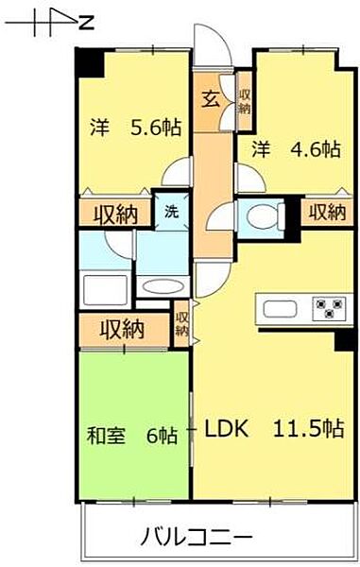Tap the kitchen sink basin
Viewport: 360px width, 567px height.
click(x=280, y=308)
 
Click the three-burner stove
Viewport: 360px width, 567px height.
click(x=329, y=308)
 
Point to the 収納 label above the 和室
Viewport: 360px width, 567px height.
click(x=123, y=330)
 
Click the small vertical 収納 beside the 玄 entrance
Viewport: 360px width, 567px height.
click(x=244, y=100)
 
